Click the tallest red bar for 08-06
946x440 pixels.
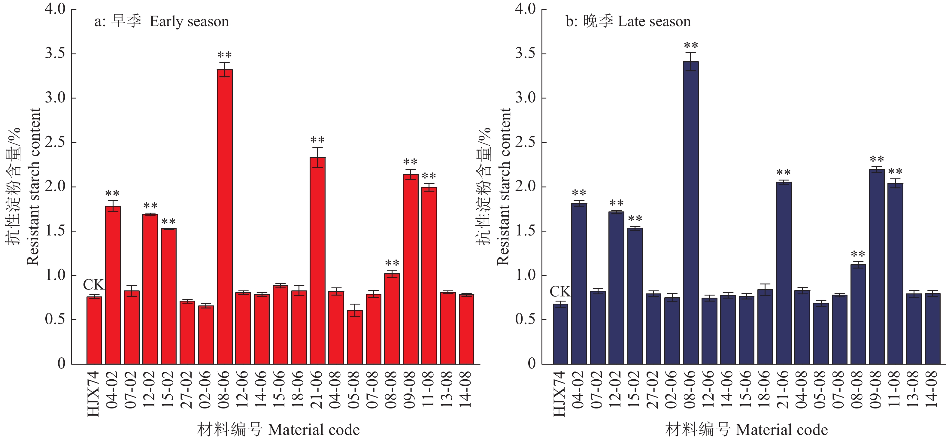pyautogui.click(x=224, y=217)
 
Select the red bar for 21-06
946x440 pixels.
pyautogui.click(x=317, y=261)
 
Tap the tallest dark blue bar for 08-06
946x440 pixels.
pyautogui.click(x=691, y=213)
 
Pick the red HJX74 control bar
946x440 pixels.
pyautogui.click(x=94, y=331)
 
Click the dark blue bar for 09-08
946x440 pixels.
pyautogui.click(x=877, y=267)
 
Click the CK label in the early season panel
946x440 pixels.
pyautogui.click(x=94, y=285)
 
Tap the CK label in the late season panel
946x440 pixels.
pyautogui.click(x=560, y=292)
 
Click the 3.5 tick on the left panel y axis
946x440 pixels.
pyautogui.click(x=55, y=54)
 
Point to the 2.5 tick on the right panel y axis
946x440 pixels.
pyautogui.click(x=525, y=142)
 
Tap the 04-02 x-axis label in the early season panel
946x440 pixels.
pyautogui.click(x=112, y=389)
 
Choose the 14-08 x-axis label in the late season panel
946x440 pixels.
pyautogui.click(x=932, y=389)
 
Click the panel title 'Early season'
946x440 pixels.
pyautogui.click(x=189, y=22)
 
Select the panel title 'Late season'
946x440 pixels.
pyautogui.click(x=654, y=22)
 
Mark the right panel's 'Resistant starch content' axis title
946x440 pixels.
pyautogui.click(x=503, y=187)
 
